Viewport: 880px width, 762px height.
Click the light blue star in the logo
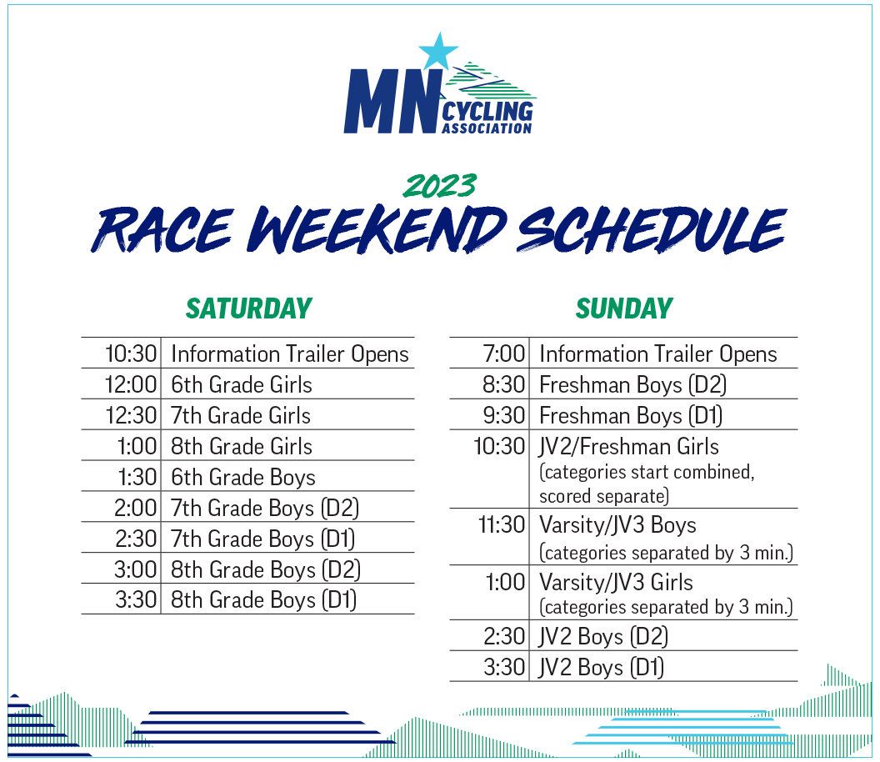[438, 52]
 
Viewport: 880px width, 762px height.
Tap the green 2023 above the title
[440, 186]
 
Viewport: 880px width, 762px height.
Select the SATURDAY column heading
[248, 308]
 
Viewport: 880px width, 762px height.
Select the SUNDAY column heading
[624, 308]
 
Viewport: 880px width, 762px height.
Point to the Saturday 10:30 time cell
[132, 353]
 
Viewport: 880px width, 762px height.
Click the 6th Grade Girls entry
[242, 384]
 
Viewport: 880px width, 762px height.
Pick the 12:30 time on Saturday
[132, 415]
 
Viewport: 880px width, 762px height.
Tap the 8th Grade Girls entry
[242, 446]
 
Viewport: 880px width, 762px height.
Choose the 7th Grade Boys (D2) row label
[265, 509]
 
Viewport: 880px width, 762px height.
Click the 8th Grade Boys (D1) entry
[264, 599]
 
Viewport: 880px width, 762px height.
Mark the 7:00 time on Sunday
[504, 353]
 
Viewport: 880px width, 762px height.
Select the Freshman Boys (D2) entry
[633, 385]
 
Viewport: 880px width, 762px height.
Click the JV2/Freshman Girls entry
[628, 446]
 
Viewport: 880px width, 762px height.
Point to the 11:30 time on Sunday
[501, 525]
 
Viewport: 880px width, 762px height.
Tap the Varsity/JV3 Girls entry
[616, 582]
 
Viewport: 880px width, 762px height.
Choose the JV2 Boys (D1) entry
[602, 668]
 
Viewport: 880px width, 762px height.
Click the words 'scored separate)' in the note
[604, 496]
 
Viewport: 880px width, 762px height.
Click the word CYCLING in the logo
[487, 111]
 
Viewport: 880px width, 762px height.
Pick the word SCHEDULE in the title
[651, 230]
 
